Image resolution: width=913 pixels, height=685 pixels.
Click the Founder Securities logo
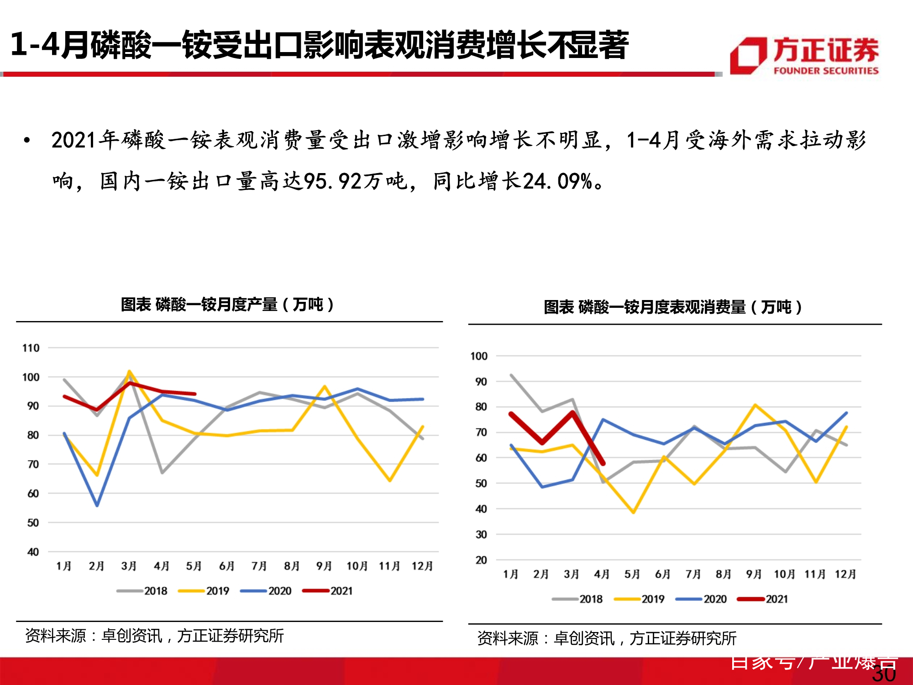804,56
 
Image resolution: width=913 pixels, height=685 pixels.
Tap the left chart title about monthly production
227,304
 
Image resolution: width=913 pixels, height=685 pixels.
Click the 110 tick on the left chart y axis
31,348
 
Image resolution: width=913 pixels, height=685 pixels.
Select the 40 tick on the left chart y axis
33,552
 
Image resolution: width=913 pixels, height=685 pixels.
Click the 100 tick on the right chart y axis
479,356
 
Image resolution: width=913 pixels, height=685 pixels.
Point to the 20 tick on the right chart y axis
481,560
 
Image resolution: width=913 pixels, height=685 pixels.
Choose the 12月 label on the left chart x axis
422,566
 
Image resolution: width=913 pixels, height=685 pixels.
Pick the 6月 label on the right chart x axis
662,574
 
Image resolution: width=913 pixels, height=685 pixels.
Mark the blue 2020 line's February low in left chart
97,506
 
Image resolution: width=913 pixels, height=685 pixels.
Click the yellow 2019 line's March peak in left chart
130,371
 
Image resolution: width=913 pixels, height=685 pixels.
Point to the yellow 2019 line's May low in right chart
633,512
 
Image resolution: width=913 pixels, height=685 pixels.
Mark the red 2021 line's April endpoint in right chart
603,464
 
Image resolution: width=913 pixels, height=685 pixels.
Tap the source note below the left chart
154,636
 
